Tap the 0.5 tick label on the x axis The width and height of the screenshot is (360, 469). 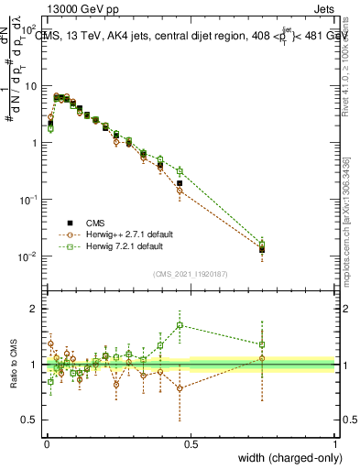(191, 444)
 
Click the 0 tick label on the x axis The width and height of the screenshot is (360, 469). (47, 444)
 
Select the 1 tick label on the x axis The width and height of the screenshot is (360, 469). (334, 444)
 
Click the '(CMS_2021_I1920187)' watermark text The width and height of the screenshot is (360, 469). (191, 275)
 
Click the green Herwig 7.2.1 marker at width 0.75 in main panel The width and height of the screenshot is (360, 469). (263, 244)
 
